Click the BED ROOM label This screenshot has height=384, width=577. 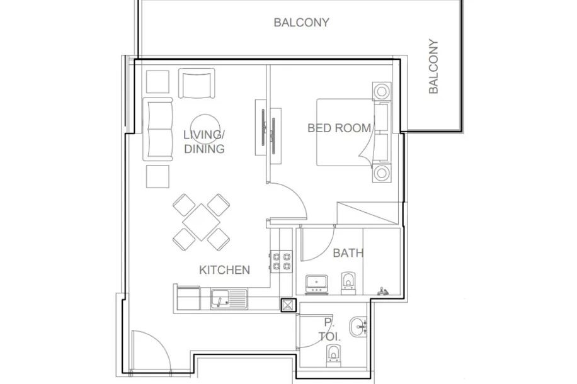340,128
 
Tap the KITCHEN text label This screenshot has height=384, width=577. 224,270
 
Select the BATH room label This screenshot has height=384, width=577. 348,253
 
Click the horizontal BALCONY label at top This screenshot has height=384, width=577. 301,23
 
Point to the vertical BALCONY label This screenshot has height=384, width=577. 433,66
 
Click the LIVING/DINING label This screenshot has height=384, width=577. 204,142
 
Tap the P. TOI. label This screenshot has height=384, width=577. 329,330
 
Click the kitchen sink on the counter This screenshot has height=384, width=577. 229,298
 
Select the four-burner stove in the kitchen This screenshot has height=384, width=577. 282,261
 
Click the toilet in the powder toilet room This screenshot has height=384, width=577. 333,356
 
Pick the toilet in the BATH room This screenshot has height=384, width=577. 348,283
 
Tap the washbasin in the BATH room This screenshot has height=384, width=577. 316,284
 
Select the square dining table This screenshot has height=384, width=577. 202,222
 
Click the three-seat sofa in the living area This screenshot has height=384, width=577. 158,130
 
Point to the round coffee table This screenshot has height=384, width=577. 205,129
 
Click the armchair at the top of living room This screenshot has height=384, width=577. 197,83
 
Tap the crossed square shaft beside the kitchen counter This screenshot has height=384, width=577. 288,305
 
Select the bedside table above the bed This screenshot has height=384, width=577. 382,91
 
